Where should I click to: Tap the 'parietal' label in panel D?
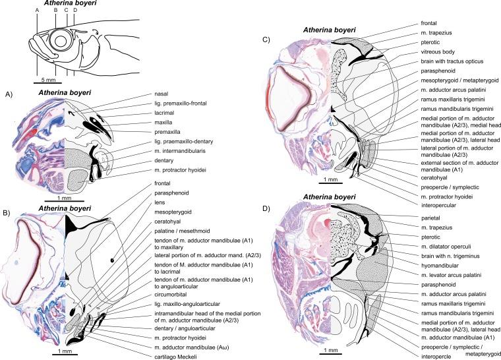421,216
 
